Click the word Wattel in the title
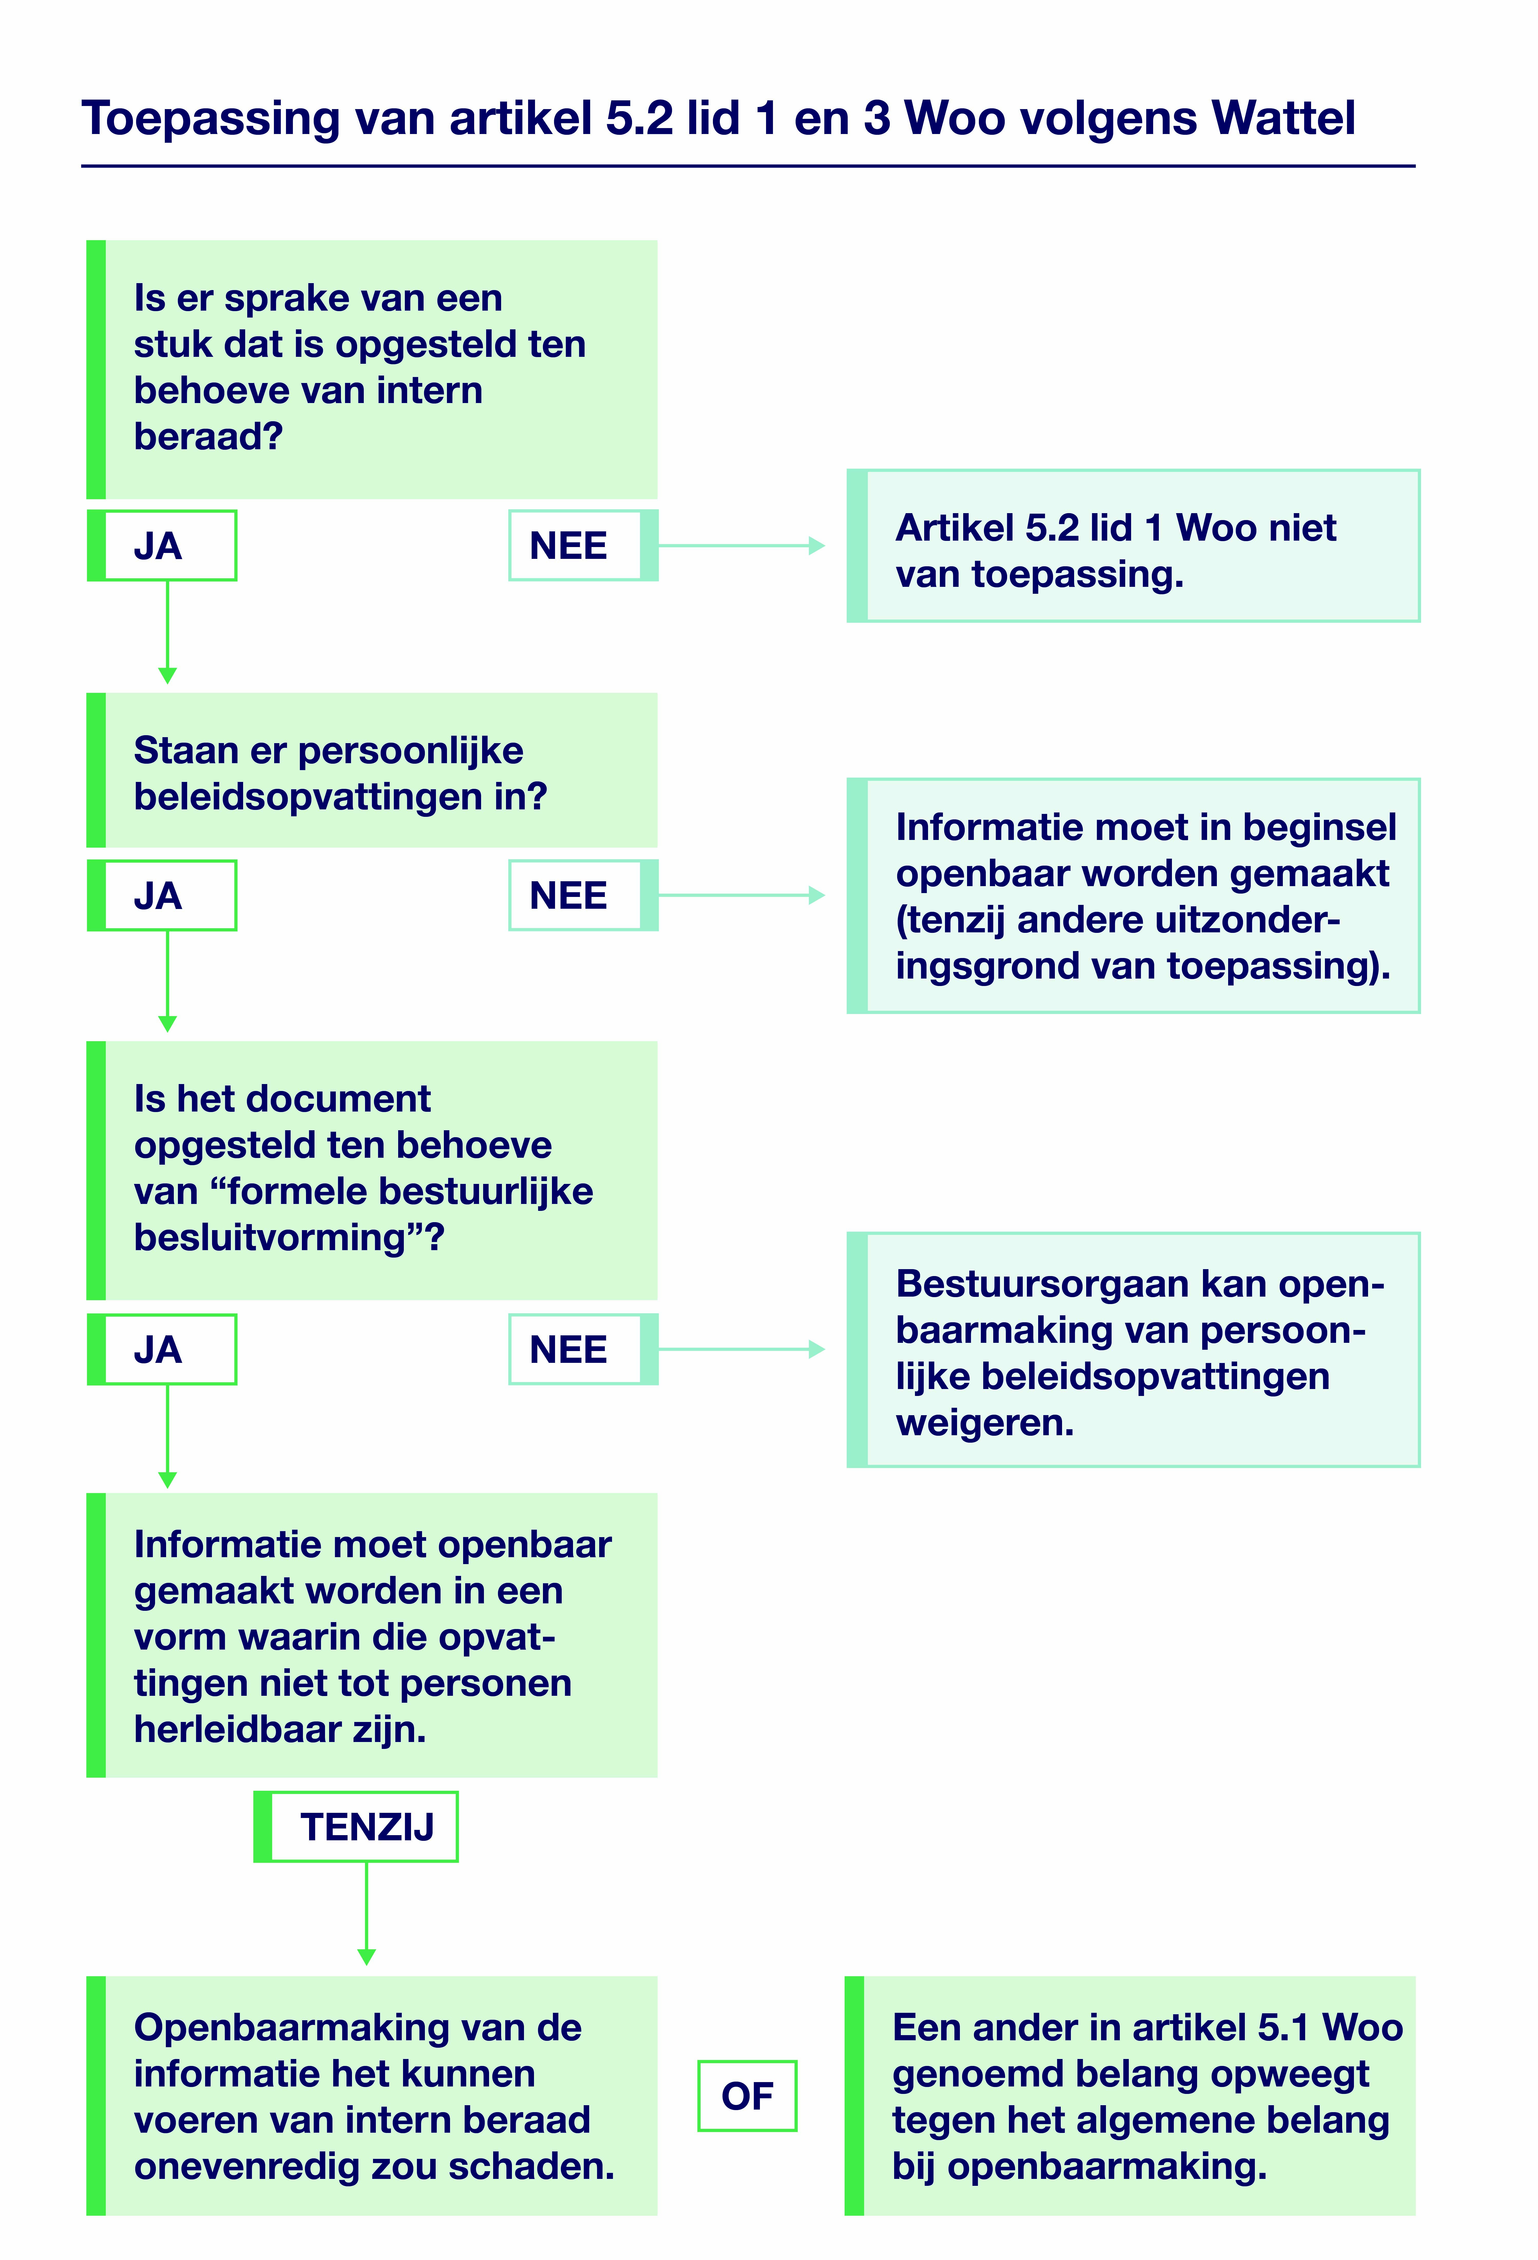pos(1282,119)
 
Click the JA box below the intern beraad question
pos(160,545)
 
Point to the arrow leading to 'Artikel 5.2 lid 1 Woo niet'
pos(741,545)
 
